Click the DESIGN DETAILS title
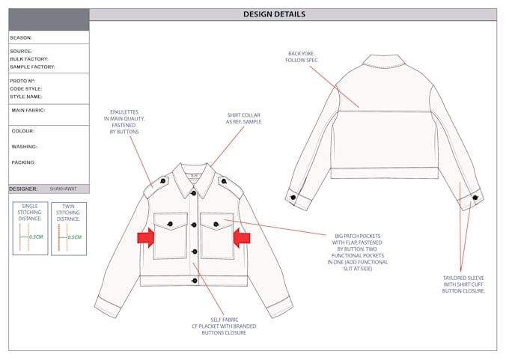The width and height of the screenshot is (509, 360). (x=274, y=14)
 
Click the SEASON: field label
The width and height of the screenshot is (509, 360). (x=21, y=37)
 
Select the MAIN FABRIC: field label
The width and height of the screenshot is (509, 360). (x=28, y=110)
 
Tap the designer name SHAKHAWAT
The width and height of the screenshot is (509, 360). (x=63, y=189)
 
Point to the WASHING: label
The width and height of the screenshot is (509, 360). (x=25, y=147)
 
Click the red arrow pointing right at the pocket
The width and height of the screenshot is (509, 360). (x=146, y=237)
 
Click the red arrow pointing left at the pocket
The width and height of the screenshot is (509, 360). (x=242, y=237)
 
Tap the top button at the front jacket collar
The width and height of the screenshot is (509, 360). (x=193, y=193)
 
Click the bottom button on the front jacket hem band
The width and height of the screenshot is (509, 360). (x=195, y=281)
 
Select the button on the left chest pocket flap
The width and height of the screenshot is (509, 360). (x=170, y=224)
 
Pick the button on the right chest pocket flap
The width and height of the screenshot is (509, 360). (x=216, y=224)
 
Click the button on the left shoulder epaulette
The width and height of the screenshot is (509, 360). (x=163, y=181)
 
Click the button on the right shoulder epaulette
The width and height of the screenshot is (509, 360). (x=224, y=181)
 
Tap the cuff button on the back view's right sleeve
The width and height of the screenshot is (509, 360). (x=475, y=198)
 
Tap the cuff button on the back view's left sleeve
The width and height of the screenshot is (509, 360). (x=293, y=197)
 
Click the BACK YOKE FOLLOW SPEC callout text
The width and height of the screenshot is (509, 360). (x=302, y=57)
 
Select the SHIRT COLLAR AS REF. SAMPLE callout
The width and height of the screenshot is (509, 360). (x=244, y=118)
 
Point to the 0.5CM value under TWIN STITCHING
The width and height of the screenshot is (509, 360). (x=74, y=237)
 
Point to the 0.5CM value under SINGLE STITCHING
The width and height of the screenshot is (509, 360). (x=36, y=237)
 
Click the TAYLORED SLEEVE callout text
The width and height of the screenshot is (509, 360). (x=463, y=284)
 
